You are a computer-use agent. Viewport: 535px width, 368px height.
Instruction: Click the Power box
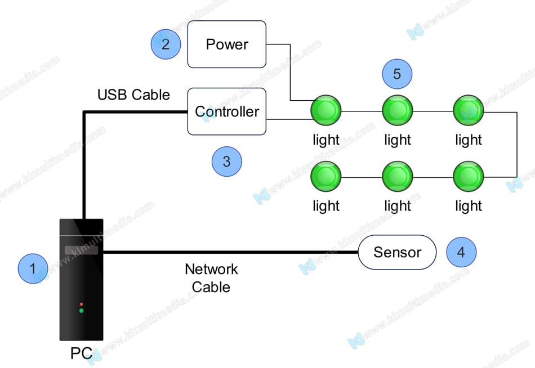pos(226,44)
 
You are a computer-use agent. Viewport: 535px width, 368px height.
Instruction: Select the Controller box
pos(226,111)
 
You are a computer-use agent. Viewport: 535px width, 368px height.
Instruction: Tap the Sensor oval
pos(397,252)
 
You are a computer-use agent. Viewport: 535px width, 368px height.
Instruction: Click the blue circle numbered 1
pos(33,268)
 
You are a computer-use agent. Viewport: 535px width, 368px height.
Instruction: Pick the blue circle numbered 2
pos(166,44)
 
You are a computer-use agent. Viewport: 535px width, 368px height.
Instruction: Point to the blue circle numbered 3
pos(226,162)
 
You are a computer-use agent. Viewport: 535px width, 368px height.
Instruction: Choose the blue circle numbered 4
pos(461,252)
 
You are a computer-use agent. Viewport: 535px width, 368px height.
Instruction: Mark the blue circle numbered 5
pos(397,74)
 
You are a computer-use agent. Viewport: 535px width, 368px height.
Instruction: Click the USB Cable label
pos(133,95)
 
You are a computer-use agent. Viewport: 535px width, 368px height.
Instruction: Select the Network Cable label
pos(211,278)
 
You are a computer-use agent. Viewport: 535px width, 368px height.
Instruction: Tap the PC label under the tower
pos(81,354)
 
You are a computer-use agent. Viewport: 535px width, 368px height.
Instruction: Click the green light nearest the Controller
pos(326,110)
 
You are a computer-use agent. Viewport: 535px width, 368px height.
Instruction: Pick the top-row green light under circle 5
pos(397,110)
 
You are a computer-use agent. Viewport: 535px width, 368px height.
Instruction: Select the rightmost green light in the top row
pos(468,110)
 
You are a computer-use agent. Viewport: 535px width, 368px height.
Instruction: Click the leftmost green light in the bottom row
pos(326,177)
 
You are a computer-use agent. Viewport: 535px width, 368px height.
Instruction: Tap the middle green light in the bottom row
pos(397,177)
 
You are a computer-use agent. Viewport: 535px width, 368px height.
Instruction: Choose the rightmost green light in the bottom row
pos(468,177)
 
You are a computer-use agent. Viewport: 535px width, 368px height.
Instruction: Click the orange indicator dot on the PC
pos(81,304)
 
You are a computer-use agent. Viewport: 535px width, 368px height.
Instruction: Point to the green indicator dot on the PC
pos(81,311)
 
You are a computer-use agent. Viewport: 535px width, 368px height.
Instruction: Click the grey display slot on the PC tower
pos(81,250)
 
